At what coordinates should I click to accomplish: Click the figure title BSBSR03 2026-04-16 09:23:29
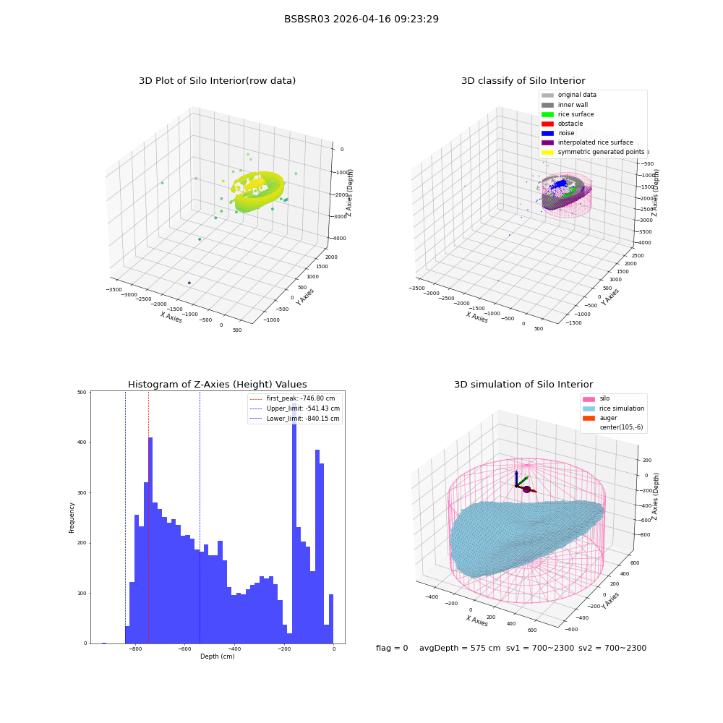tap(361, 19)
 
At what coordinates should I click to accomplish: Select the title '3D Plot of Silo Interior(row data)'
tap(217, 81)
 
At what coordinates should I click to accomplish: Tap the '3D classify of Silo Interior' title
tap(523, 81)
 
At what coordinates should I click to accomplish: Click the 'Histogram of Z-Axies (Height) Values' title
tap(217, 384)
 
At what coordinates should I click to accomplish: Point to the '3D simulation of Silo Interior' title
tap(523, 384)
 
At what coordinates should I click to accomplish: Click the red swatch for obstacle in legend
tap(547, 124)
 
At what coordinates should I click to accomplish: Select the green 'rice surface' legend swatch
tap(547, 114)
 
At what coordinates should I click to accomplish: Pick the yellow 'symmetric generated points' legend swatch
tap(547, 152)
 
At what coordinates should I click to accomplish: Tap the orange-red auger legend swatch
tap(589, 418)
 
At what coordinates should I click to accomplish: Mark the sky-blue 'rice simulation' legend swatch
tap(589, 408)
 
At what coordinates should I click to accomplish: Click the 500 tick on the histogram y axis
tap(82, 393)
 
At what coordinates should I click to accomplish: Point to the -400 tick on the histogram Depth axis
tap(234, 649)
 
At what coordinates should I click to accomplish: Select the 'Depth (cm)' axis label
tap(217, 656)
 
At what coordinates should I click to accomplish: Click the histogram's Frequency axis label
tap(72, 518)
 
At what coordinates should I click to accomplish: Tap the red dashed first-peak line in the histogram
tap(148, 518)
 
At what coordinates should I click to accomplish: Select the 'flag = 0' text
tap(392, 648)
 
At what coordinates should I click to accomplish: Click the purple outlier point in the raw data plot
tap(189, 283)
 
